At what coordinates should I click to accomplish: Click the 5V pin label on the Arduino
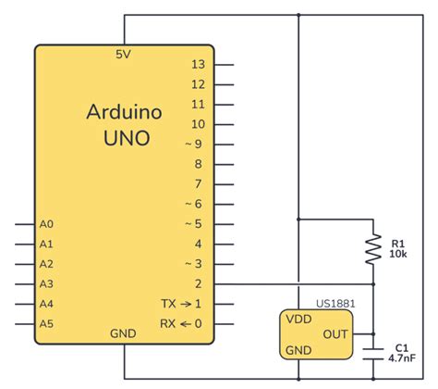[x=123, y=55]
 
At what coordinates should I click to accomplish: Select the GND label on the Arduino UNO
[x=124, y=333]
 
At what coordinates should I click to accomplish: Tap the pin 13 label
[x=197, y=65]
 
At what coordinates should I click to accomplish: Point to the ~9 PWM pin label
[x=194, y=144]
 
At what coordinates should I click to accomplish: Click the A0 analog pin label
[x=46, y=224]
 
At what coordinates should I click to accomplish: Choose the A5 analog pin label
[x=46, y=323]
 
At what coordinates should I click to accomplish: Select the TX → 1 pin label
[x=182, y=304]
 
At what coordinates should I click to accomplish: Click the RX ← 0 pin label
[x=182, y=323]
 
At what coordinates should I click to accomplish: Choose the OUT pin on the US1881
[x=335, y=333]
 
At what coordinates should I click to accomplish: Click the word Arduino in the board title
[x=125, y=113]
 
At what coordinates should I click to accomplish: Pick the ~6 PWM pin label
[x=194, y=204]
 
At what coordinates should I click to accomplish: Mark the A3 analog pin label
[x=46, y=283]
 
